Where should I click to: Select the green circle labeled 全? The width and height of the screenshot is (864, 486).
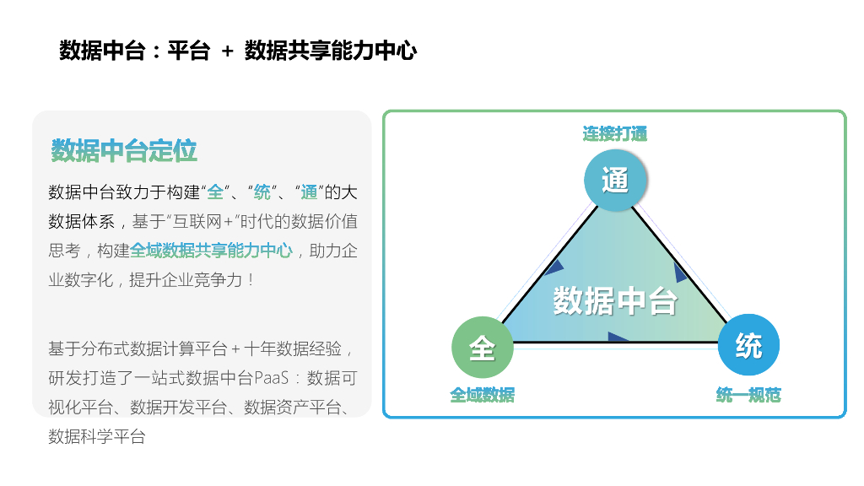pos(482,347)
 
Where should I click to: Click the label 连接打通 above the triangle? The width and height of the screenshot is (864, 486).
pos(615,133)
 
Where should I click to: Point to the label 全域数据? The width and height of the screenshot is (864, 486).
pos(482,395)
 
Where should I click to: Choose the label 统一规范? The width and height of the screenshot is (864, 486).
pos(748,395)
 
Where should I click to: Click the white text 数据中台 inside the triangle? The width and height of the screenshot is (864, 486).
pos(615,300)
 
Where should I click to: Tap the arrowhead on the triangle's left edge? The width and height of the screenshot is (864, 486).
pos(553,268)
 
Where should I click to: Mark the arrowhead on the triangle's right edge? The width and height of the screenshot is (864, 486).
pos(680,273)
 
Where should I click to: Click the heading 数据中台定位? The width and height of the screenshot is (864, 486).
pos(124,152)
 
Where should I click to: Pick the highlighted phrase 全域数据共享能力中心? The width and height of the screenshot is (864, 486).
pos(212,251)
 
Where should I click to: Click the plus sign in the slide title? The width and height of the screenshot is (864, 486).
pos(227,51)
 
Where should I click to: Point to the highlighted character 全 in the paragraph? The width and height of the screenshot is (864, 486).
pos(215,192)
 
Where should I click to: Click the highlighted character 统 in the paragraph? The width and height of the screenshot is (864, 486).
pos(262,192)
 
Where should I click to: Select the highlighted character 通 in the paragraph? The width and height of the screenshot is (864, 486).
pos(309,192)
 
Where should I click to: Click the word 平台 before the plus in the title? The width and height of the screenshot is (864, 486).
pos(188,51)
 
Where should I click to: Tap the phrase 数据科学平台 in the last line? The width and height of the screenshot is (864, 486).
pos(97,436)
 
